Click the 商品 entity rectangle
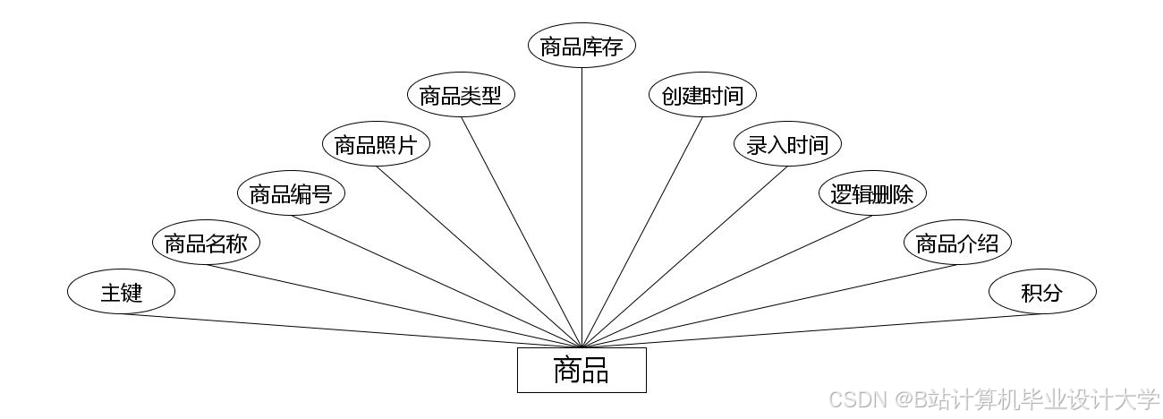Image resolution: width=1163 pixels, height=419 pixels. pyautogui.click(x=581, y=370)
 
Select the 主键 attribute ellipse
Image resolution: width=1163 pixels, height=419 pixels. pyautogui.click(x=121, y=292)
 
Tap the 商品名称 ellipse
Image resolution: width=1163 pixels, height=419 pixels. pyautogui.click(x=206, y=243)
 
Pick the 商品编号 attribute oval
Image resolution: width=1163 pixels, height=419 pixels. pyautogui.click(x=291, y=193)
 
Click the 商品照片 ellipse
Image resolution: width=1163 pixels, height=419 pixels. pyautogui.click(x=376, y=145)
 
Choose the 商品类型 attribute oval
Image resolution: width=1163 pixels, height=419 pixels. pyautogui.click(x=461, y=96)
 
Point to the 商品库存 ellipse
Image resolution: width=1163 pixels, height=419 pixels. pyautogui.click(x=581, y=47)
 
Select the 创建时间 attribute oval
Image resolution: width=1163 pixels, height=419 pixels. pyautogui.click(x=702, y=96)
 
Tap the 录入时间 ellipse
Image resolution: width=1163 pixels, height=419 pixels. pyautogui.click(x=787, y=145)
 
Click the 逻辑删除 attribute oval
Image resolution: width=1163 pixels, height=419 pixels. pyautogui.click(x=872, y=193)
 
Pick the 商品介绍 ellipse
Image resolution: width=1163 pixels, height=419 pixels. pyautogui.click(x=956, y=243)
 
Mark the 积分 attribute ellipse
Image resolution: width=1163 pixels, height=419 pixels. pyautogui.click(x=1041, y=292)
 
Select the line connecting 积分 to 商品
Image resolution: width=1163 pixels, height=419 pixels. pyautogui.click(x=805, y=330)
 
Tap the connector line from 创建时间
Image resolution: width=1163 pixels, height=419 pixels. pyautogui.click(x=642, y=231)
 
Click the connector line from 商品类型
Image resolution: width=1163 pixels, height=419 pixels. pyautogui.click(x=522, y=232)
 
